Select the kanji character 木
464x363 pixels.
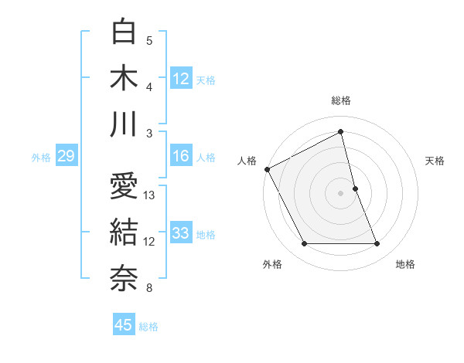coord(124,79)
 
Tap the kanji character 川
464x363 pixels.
coord(124,124)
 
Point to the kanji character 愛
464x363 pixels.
coord(124,186)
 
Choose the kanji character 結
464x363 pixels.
coord(124,232)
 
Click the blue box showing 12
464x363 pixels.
coord(181,79)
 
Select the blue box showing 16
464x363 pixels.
coord(181,156)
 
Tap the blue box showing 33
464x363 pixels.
coord(181,233)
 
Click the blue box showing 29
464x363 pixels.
coord(66,157)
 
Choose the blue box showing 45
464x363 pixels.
coord(124,325)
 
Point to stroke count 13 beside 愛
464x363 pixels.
coord(150,195)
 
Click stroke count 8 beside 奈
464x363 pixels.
coord(149,288)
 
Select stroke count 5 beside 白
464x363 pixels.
coord(149,40)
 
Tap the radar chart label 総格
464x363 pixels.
coord(341,100)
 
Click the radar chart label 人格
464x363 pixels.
coord(247,161)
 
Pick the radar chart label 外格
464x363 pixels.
coord(272,264)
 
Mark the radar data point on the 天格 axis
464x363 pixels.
coord(355,188)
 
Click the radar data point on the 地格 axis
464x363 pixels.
coord(377,244)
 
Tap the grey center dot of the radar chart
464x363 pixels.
coord(340,192)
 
